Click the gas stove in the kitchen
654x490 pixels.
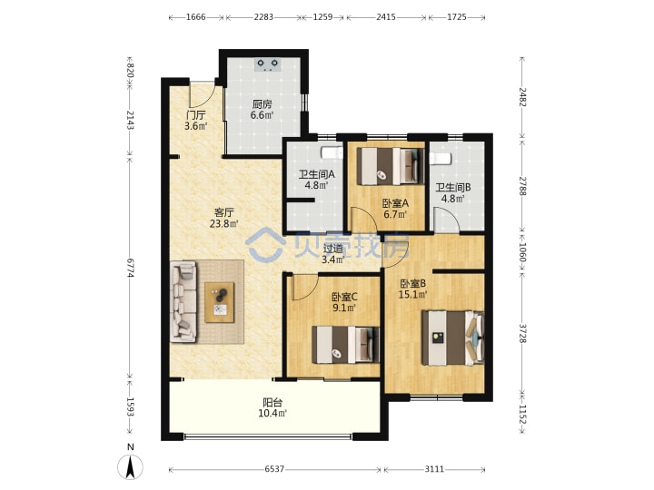click(x=267, y=64)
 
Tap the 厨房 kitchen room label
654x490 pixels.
click(x=262, y=103)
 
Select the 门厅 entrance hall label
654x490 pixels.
click(x=196, y=114)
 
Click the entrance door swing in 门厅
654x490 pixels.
click(x=202, y=94)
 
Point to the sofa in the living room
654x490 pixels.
click(x=183, y=301)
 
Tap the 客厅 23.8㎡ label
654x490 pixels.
click(x=224, y=218)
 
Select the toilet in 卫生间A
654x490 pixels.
click(x=332, y=152)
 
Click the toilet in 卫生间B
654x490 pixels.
click(x=441, y=159)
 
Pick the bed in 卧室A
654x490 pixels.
click(x=390, y=167)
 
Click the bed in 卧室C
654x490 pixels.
click(x=346, y=345)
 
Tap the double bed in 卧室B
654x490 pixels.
click(x=453, y=338)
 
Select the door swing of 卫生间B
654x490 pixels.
click(x=447, y=220)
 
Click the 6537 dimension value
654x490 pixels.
click(x=274, y=469)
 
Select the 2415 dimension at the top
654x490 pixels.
click(x=386, y=17)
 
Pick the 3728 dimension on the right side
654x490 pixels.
click(x=522, y=333)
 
